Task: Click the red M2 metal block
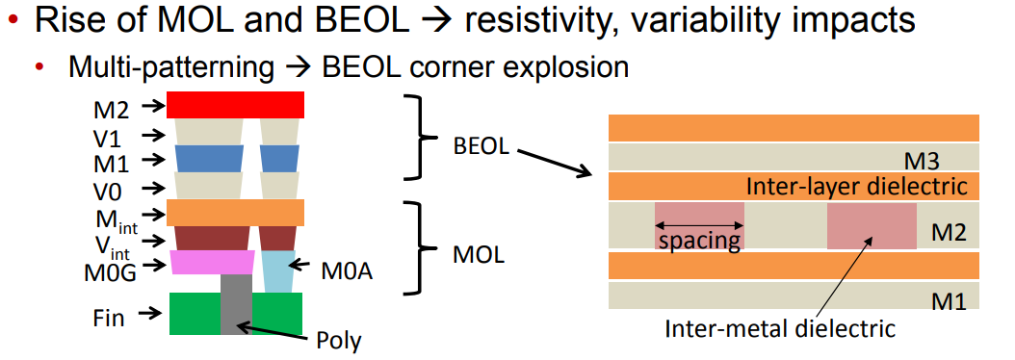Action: click(236, 104)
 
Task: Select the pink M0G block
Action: click(212, 262)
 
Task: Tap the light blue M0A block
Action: click(278, 271)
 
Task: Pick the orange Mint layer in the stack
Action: click(236, 212)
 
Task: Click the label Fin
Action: click(108, 316)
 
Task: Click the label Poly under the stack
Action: click(338, 340)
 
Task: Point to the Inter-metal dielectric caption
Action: click(780, 328)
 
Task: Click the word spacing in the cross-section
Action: click(699, 240)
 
